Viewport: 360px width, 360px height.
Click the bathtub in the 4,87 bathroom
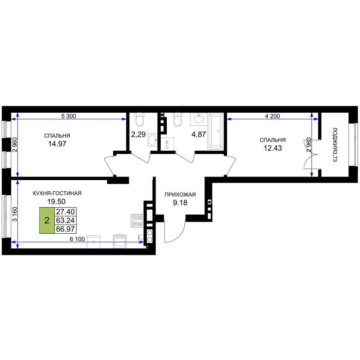215,131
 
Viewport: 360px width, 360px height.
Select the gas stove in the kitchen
137,221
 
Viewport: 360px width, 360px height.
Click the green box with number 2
47,220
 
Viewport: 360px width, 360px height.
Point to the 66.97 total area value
66,229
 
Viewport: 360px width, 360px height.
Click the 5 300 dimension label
68,116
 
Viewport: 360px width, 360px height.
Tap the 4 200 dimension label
272,116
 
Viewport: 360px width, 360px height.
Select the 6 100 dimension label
77,239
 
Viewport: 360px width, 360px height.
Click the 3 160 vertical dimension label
15,214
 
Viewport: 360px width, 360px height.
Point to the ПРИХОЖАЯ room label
180,195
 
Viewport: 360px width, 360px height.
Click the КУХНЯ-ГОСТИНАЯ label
57,193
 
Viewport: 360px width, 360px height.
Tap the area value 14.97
57,144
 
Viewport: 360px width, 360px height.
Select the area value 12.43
273,148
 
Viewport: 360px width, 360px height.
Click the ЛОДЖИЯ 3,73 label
335,145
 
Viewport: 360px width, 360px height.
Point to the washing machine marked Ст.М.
167,144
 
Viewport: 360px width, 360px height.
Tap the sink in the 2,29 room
152,139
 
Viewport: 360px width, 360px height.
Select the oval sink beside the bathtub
199,119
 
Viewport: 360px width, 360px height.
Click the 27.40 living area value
66,211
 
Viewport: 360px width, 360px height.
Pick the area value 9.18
180,203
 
